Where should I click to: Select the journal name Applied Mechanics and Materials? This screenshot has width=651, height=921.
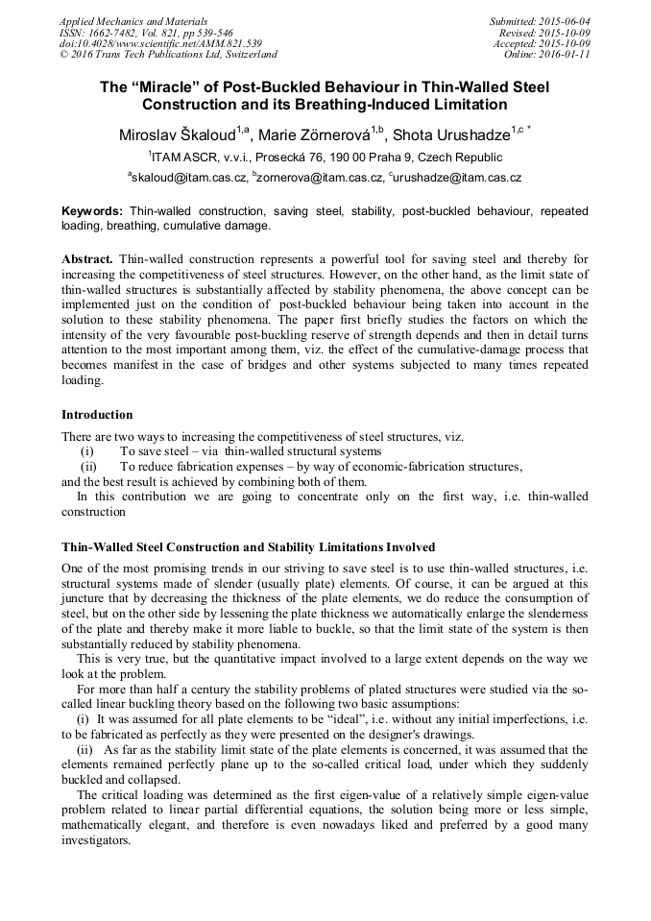click(x=133, y=21)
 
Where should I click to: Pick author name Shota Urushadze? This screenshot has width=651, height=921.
click(x=451, y=133)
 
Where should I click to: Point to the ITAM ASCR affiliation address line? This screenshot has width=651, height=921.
click(x=325, y=157)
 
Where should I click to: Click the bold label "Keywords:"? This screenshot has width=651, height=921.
click(x=92, y=210)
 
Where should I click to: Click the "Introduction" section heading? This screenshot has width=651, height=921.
click(x=97, y=415)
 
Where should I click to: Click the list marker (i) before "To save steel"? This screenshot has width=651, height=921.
click(x=86, y=451)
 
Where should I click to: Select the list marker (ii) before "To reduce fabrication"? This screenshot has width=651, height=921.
click(x=88, y=467)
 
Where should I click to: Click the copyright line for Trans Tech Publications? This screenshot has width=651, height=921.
click(x=168, y=55)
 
